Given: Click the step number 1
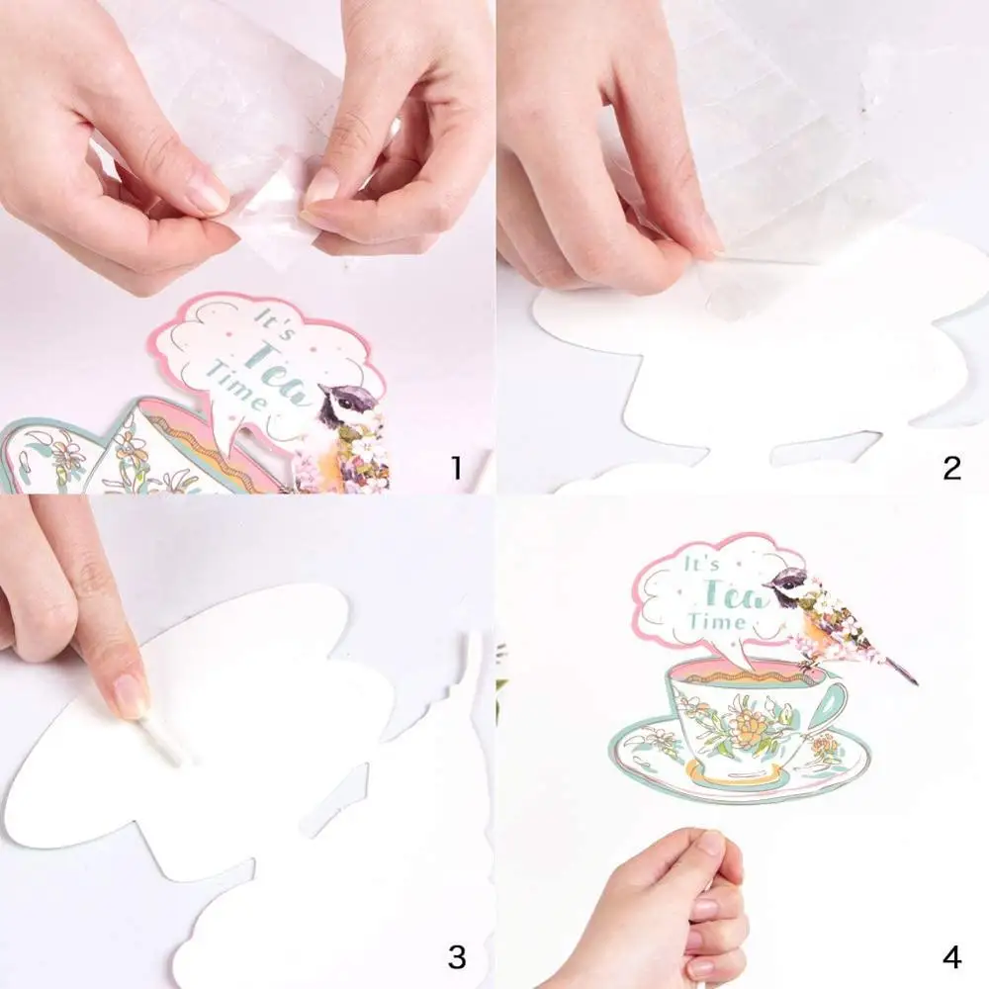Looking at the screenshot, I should click(456, 467).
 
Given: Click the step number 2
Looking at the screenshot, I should click(951, 467).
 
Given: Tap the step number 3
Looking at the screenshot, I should click(456, 956).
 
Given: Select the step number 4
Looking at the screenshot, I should click(951, 956).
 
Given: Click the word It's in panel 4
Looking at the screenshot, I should click(700, 566).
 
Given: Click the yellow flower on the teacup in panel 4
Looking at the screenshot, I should click(749, 733).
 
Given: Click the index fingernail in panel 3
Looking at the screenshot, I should click(130, 695).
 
